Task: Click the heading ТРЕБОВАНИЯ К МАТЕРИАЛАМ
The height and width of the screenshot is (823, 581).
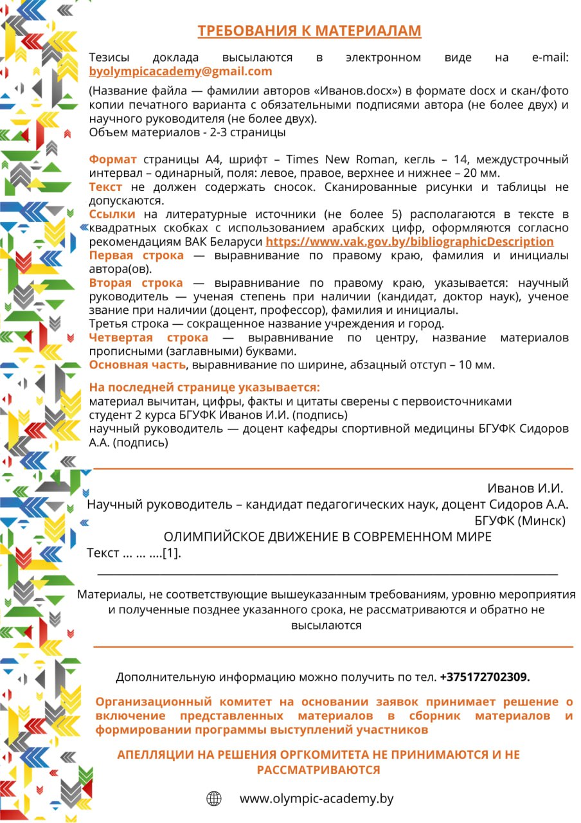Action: [x=309, y=31]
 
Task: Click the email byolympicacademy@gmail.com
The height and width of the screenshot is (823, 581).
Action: [x=181, y=71]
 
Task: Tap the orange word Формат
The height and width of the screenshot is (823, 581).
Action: [x=112, y=159]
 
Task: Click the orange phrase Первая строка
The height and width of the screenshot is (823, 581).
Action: [x=136, y=256]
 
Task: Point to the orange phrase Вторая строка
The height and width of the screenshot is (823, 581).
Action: [x=136, y=283]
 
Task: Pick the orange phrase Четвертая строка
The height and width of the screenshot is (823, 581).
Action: [x=148, y=338]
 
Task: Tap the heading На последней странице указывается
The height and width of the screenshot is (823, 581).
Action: [x=204, y=388]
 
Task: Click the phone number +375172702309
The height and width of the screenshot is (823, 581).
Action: [x=485, y=677]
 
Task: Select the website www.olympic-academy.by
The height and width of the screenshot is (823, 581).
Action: [x=316, y=799]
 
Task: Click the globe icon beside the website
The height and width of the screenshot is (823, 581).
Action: [x=214, y=799]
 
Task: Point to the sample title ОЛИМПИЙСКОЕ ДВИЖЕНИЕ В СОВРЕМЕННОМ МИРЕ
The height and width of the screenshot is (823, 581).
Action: [x=328, y=537]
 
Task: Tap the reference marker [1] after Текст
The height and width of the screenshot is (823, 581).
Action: [x=170, y=553]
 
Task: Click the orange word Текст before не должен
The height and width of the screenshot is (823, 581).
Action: [x=105, y=187]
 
